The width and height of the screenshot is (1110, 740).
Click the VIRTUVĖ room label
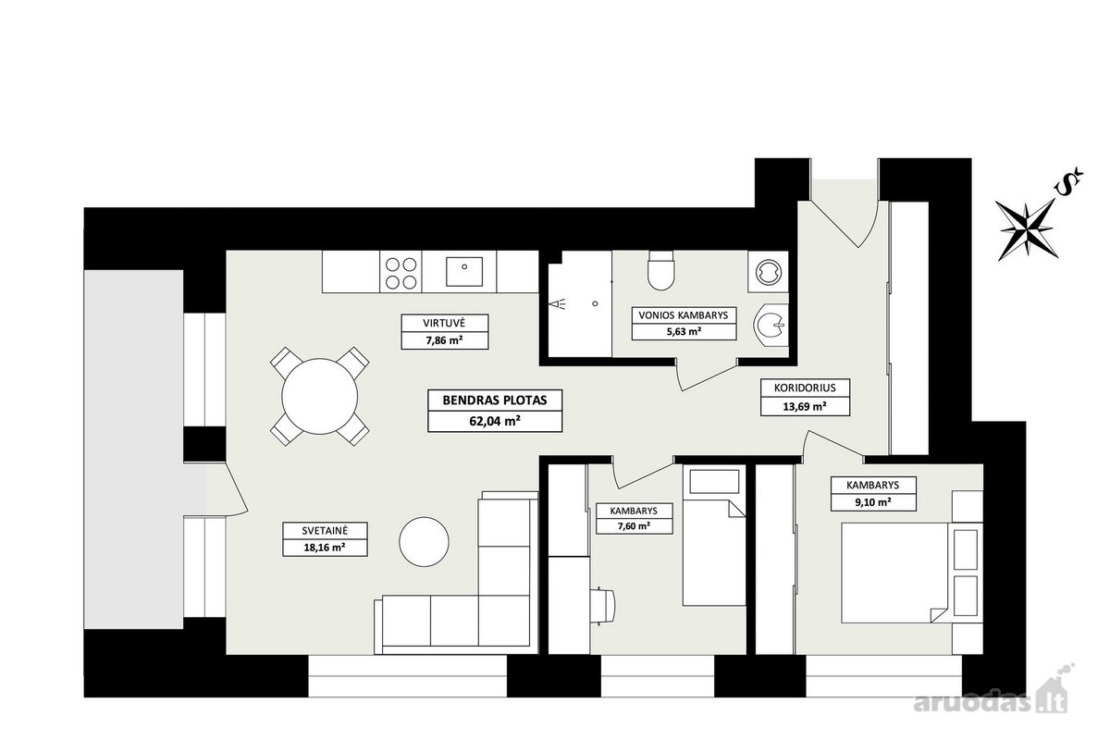444,323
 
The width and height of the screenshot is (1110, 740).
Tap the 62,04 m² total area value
495,421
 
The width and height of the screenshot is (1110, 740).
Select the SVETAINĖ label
325,531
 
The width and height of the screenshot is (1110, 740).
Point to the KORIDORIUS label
805,388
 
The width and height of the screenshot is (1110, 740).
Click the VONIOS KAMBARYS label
684,315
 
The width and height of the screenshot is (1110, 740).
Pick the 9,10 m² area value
873,502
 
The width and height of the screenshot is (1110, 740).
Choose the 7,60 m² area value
634,526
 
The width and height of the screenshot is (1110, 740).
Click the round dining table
320,397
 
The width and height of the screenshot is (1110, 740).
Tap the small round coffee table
424,542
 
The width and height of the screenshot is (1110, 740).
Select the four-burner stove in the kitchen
401,272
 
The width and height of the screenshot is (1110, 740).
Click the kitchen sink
464,271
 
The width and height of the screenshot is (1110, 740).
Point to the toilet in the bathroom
661,270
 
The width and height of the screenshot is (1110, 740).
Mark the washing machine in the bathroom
769,272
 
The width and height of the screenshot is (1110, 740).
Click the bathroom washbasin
771,326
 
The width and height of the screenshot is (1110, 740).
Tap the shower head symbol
558,303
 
